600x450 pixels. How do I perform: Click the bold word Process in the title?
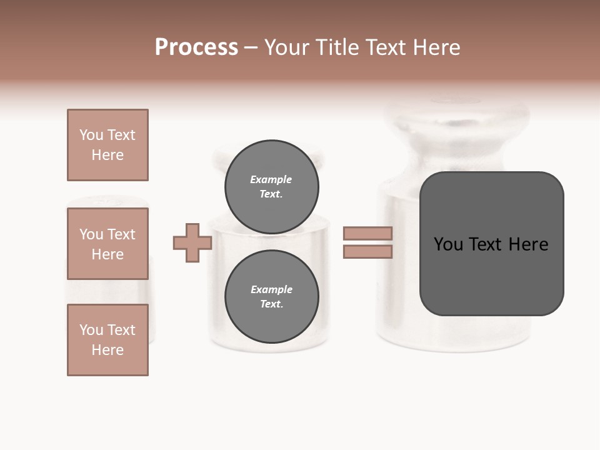point(196,47)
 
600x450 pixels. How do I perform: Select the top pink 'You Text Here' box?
point(107,145)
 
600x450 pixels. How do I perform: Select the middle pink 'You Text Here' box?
point(107,244)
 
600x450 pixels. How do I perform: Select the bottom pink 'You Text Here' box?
point(107,339)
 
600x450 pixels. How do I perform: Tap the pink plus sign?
point(192,242)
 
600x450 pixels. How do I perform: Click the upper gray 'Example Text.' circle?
point(271,186)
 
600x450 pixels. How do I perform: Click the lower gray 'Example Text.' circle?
point(271,296)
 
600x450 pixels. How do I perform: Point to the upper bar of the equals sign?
point(367,233)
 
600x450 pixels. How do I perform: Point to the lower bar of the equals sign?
point(367,251)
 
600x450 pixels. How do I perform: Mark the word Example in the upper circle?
point(271,179)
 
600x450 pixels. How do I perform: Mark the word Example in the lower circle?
point(271,289)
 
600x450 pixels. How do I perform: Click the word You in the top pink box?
point(91,135)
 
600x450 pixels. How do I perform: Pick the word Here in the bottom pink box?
point(107,350)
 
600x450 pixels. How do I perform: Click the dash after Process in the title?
point(251,48)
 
